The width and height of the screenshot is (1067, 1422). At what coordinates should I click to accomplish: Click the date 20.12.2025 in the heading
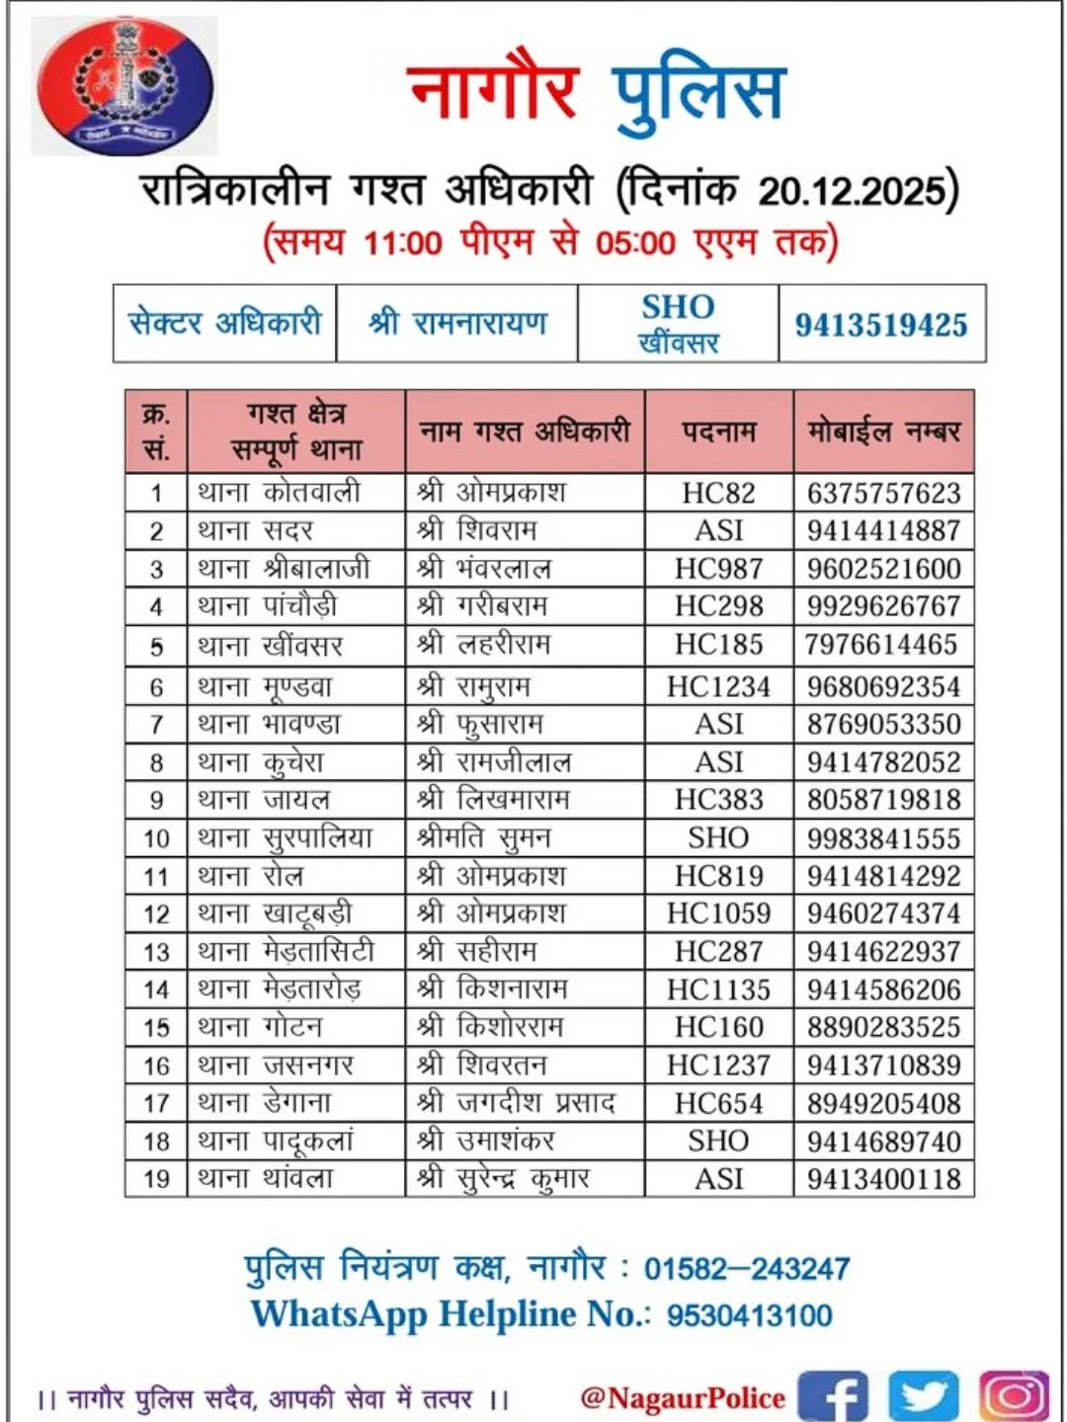[x=853, y=191]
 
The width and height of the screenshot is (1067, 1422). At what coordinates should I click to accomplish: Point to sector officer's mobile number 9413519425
[x=881, y=325]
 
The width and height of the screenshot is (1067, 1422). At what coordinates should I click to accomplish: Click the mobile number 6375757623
[x=883, y=493]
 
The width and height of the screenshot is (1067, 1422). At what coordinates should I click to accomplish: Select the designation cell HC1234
[x=718, y=686]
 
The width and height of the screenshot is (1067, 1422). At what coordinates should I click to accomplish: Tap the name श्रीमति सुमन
[x=484, y=838]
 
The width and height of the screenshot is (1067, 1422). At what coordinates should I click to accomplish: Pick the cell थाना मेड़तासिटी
[x=287, y=952]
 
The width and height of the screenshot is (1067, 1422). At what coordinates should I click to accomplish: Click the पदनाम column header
[x=718, y=432]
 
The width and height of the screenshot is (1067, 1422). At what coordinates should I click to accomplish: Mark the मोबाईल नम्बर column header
[x=883, y=432]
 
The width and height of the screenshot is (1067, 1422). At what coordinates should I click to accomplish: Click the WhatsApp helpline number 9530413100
[x=749, y=1315]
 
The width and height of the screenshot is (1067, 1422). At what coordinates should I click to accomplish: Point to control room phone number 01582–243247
[x=747, y=1269]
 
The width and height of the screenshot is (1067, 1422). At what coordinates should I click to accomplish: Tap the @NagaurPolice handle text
[x=683, y=1398]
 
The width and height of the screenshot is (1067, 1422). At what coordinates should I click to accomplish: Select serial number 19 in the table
[x=156, y=1179]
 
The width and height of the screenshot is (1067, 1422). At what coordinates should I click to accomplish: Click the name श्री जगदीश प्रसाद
[x=516, y=1103]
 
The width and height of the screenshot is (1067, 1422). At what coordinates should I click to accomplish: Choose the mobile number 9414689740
[x=883, y=1142]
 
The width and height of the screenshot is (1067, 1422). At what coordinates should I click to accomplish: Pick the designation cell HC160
[x=718, y=1028]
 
